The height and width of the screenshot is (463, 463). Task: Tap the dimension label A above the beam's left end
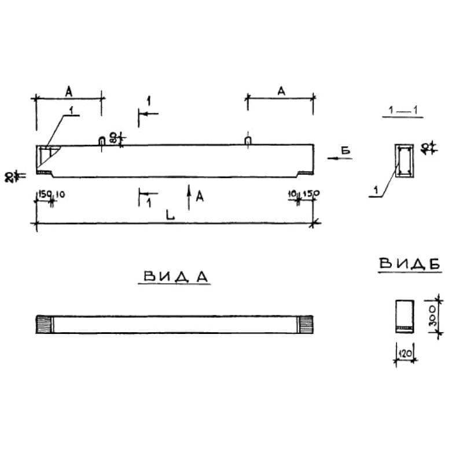68,91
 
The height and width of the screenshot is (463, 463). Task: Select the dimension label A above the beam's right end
281,91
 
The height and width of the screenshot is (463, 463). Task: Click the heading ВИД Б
410,263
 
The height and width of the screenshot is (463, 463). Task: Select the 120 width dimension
405,352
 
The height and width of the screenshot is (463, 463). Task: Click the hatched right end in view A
305,325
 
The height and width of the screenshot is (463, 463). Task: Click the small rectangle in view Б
404,316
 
